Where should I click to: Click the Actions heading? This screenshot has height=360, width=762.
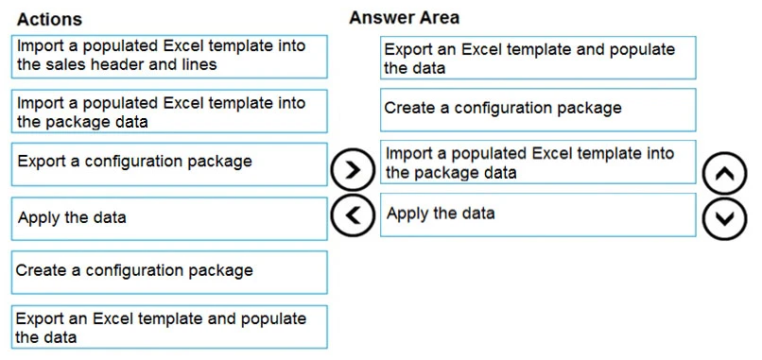(49, 19)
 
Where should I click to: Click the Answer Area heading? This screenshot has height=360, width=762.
(404, 18)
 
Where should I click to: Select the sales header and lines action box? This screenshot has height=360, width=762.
(170, 56)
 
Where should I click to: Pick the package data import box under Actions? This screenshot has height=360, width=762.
(170, 111)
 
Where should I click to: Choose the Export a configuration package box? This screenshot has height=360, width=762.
(170, 163)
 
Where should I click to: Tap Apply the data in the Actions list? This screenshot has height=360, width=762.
(170, 218)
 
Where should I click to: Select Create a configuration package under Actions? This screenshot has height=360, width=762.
(170, 271)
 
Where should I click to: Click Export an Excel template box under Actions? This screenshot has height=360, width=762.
(170, 327)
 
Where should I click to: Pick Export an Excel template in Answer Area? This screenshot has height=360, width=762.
(538, 58)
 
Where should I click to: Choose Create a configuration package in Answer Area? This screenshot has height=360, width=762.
(538, 109)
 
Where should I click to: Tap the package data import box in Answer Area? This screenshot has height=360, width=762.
(538, 163)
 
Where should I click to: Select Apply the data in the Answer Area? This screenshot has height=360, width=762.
(538, 214)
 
